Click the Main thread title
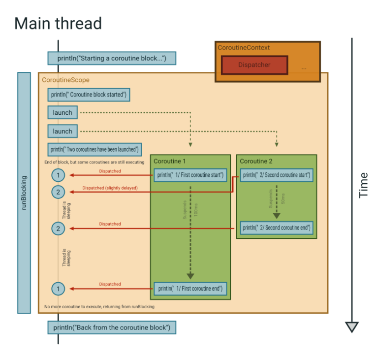[58, 23]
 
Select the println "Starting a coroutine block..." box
[112, 59]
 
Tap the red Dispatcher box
[253, 65]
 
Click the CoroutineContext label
[244, 48]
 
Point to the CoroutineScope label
[65, 79]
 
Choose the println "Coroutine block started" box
[89, 95]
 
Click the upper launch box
[63, 113]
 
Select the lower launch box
[63, 131]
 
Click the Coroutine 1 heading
[169, 161]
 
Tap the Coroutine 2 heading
[256, 161]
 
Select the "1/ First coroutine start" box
[190, 175]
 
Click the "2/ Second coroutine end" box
[277, 228]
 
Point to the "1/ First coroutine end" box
[190, 289]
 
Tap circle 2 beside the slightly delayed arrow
[58, 192]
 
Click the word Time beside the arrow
[364, 185]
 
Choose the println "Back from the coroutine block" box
[112, 327]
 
